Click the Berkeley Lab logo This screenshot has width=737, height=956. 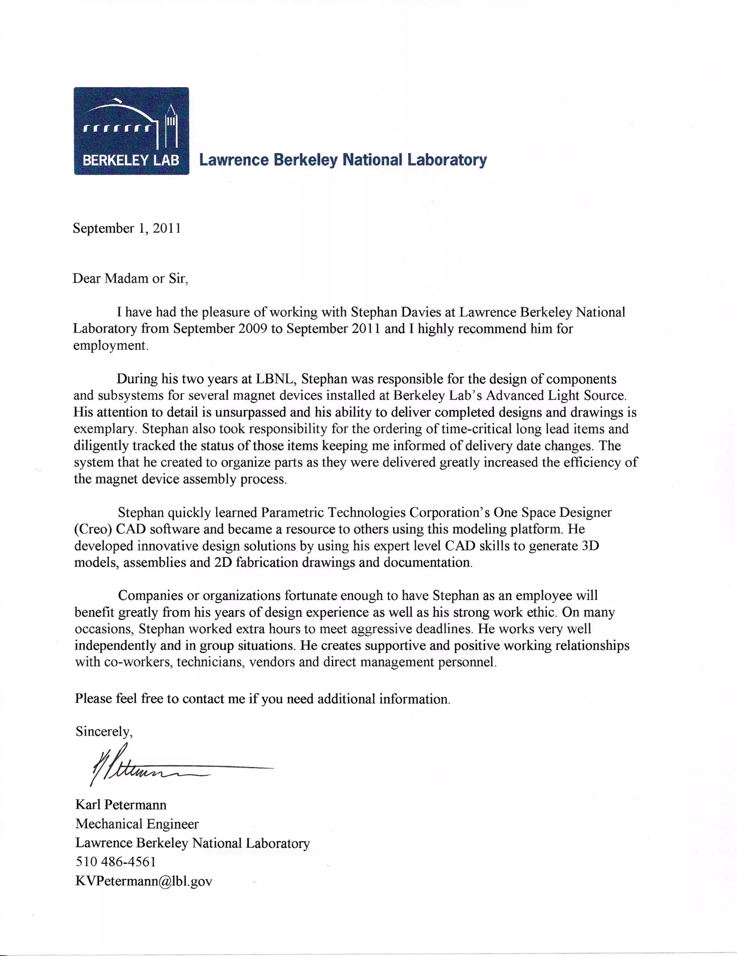point(131,130)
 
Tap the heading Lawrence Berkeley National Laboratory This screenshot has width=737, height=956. point(343,160)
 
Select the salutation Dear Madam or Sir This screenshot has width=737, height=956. point(130,279)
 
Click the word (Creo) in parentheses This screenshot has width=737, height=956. point(93,529)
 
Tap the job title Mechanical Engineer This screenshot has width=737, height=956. point(137,824)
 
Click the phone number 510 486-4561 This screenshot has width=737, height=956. point(116,862)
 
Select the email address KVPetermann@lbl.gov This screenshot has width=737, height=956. point(144,881)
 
